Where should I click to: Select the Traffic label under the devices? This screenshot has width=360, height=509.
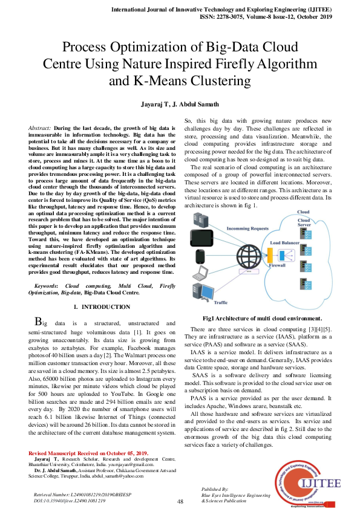(221, 302)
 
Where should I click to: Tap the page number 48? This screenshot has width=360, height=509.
(180, 502)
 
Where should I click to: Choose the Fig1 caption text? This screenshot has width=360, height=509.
(262, 318)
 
